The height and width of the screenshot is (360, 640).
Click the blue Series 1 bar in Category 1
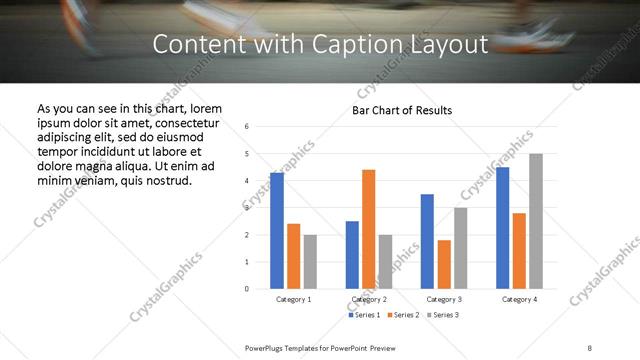(277, 231)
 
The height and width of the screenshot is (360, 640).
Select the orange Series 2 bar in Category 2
(369, 229)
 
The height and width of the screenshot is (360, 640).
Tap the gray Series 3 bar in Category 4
(536, 221)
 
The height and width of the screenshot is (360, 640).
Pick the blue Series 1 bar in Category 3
(427, 241)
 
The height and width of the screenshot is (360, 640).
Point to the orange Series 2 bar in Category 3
(444, 264)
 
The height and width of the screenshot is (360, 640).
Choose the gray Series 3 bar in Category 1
(310, 261)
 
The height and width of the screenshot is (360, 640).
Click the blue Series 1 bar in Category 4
(503, 228)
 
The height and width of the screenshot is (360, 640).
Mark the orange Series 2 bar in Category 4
(519, 250)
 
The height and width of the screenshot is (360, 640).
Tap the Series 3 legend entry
(444, 315)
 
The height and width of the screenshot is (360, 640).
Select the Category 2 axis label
(369, 299)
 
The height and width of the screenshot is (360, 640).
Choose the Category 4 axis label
(519, 299)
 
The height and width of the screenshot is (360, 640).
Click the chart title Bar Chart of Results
(402, 110)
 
